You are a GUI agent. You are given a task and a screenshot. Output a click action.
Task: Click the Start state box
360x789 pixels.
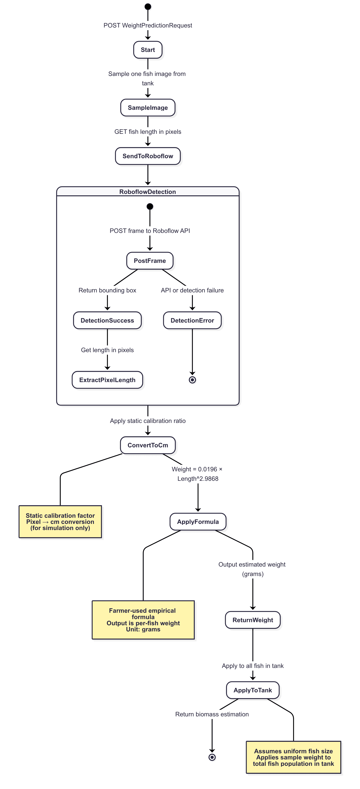coord(148,50)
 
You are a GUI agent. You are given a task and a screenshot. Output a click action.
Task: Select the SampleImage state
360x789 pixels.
coord(148,108)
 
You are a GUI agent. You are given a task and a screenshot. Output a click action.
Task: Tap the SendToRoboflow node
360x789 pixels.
coord(148,156)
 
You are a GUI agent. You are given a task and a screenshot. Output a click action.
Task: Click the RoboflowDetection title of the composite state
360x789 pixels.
coord(148,192)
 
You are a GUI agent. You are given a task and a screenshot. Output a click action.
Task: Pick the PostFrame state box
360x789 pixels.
coord(150,261)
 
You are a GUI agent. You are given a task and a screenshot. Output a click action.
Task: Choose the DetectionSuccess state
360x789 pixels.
coord(107,320)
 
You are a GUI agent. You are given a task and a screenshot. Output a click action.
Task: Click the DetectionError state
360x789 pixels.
coord(192,320)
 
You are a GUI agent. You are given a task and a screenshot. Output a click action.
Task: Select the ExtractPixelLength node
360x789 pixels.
coord(107,380)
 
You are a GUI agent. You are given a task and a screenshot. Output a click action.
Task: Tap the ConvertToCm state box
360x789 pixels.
coord(148,445)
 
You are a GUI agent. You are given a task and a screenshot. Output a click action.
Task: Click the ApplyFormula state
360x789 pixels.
coord(198,522)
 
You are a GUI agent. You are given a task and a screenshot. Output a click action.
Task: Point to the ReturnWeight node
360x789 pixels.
coord(253,620)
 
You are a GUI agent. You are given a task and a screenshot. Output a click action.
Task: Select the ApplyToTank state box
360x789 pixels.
coord(253,690)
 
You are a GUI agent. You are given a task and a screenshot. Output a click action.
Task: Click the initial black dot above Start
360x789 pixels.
coord(148,6)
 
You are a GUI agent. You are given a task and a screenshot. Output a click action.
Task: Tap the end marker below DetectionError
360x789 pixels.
coord(192,380)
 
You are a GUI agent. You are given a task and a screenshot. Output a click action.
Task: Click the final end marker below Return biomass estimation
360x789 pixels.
coord(212,757)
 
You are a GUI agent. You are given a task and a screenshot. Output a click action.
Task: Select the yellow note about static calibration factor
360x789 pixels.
coord(60,522)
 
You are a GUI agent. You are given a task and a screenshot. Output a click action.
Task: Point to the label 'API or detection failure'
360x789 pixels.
coord(192,290)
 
